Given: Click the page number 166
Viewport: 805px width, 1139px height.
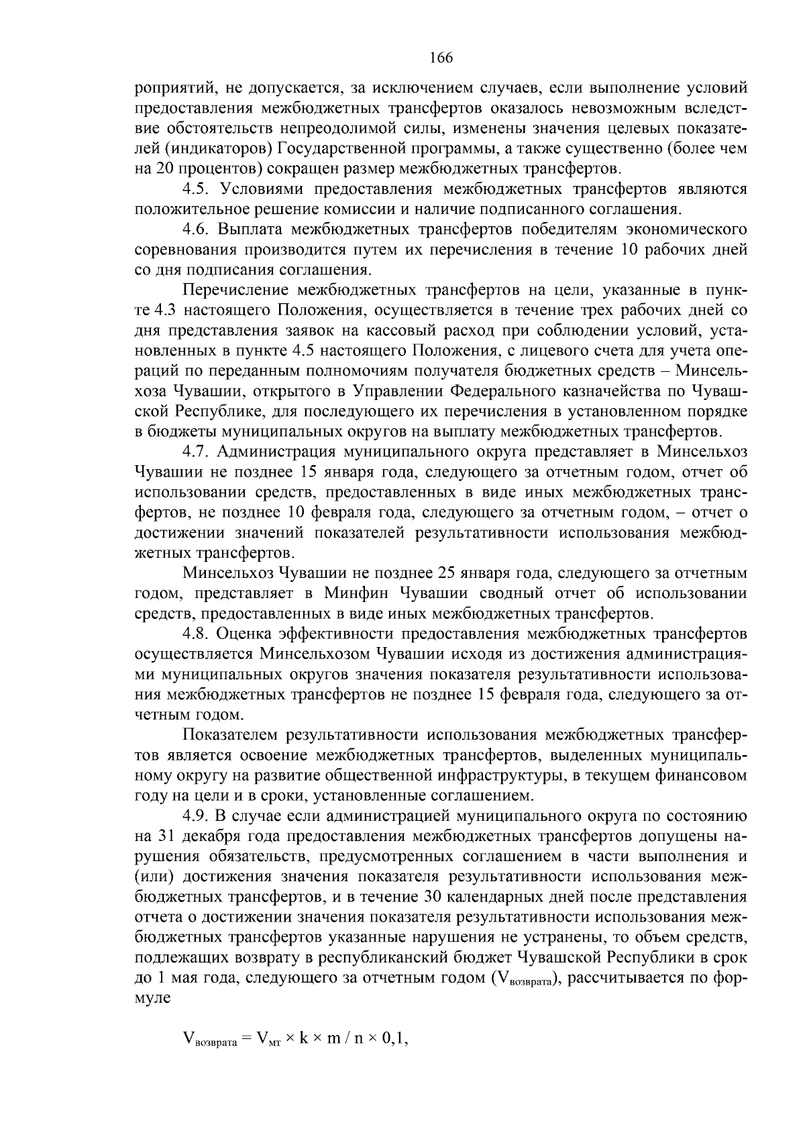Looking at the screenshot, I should pos(441,58).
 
